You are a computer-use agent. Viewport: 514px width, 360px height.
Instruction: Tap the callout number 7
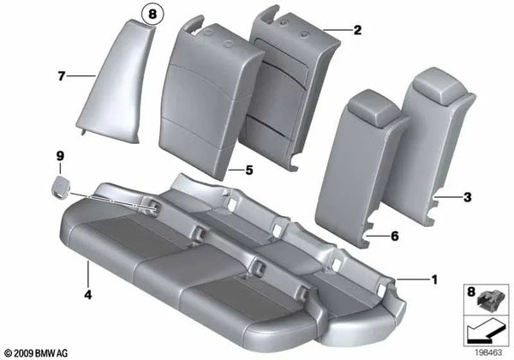click(62, 77)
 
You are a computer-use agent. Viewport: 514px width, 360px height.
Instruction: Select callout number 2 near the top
click(357, 30)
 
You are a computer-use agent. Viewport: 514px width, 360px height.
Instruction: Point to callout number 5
click(249, 171)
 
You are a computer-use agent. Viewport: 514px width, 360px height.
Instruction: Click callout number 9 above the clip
click(61, 156)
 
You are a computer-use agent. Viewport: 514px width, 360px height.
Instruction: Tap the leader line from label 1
click(415, 279)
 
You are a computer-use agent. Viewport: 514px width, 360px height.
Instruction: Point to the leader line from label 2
click(338, 30)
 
